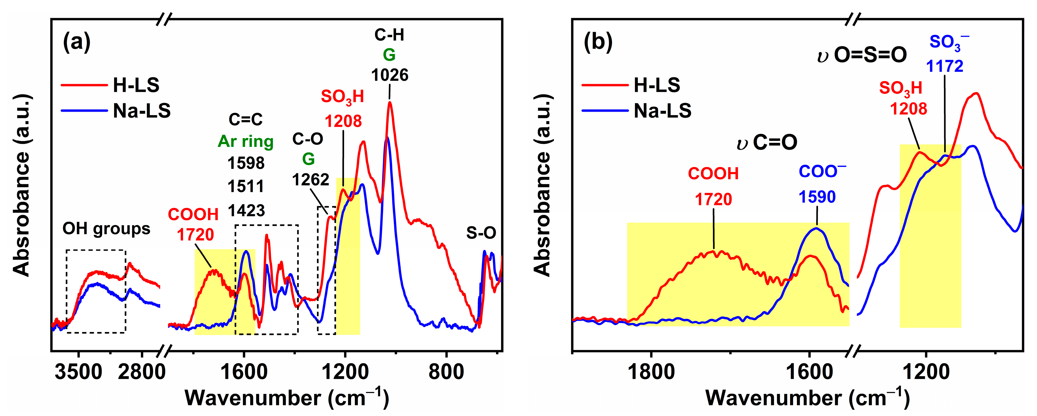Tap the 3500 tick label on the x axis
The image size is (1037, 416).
pyautogui.click(x=79, y=372)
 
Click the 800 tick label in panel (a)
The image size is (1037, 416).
pyautogui.click(x=446, y=372)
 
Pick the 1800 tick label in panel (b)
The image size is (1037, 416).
pyautogui.click(x=651, y=372)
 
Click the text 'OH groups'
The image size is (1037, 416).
pyautogui.click(x=106, y=229)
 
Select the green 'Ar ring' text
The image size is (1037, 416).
pyautogui.click(x=246, y=142)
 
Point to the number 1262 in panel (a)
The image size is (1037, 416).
pyautogui.click(x=310, y=180)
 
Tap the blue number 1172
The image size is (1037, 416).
pyautogui.click(x=944, y=66)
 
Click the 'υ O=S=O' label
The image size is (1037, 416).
pyautogui.click(x=862, y=55)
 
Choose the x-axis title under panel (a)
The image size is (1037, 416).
pyautogui.click(x=287, y=398)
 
